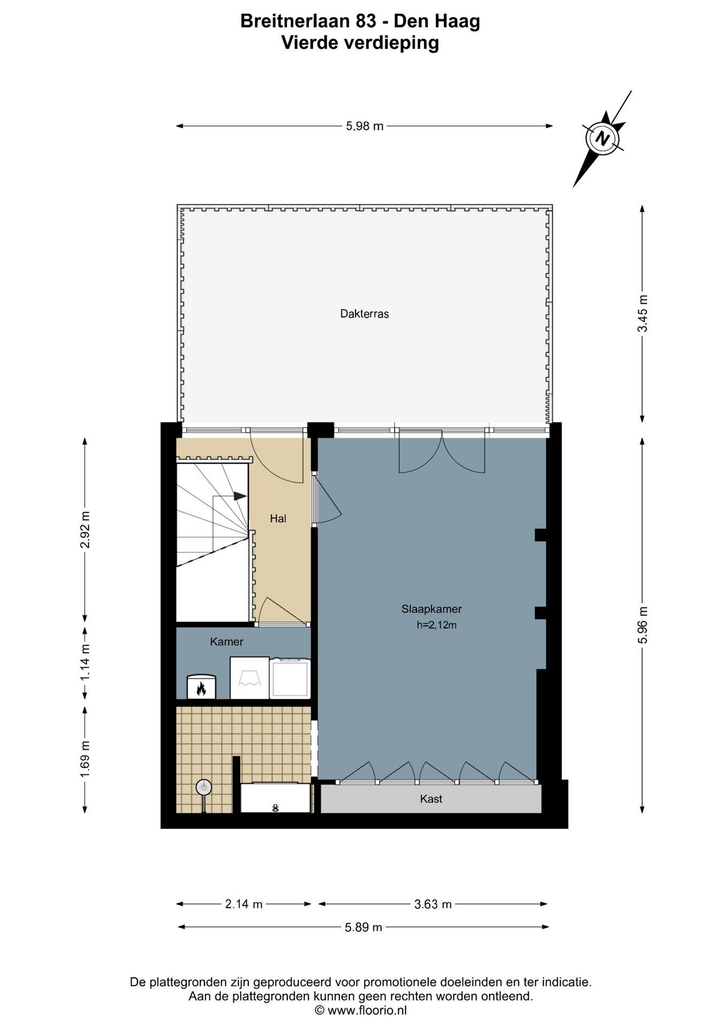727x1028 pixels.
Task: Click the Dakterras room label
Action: (364, 314)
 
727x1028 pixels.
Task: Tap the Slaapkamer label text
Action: (431, 609)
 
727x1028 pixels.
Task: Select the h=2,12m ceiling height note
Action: (436, 625)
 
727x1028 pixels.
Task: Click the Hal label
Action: (278, 518)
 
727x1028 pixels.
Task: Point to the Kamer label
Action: (226, 641)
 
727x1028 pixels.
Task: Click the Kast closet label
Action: (431, 799)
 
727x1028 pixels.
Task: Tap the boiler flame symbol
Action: (201, 688)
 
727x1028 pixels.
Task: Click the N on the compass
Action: (603, 139)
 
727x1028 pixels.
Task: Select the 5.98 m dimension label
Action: (365, 126)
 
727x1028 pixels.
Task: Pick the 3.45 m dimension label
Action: (642, 313)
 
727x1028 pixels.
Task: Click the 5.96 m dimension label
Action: (642, 625)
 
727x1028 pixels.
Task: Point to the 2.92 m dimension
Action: (85, 530)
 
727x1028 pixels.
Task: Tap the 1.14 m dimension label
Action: (85, 662)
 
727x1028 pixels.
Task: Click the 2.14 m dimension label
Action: (244, 904)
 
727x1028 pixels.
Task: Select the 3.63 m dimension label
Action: (433, 904)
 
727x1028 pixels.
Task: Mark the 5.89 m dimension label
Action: (363, 927)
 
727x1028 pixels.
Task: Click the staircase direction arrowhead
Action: (240, 496)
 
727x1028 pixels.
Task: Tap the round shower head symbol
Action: (203, 787)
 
